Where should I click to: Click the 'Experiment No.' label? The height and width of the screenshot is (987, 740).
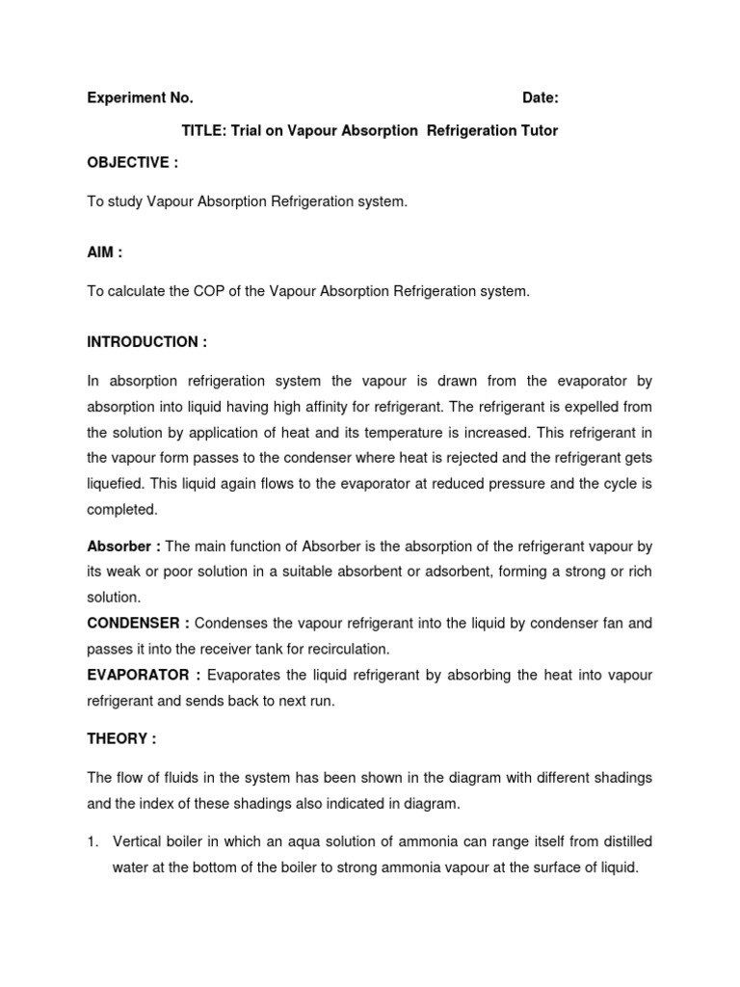(141, 98)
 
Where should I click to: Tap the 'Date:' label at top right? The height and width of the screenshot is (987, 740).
(540, 98)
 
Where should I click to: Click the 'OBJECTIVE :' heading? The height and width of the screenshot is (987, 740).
(133, 163)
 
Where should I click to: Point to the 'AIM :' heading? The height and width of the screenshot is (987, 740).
(105, 253)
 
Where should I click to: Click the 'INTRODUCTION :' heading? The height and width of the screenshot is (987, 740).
(147, 342)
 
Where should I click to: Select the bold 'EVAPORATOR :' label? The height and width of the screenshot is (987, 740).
(144, 676)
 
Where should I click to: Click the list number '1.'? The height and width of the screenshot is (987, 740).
(93, 841)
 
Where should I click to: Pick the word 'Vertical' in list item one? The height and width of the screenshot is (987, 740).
(138, 841)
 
